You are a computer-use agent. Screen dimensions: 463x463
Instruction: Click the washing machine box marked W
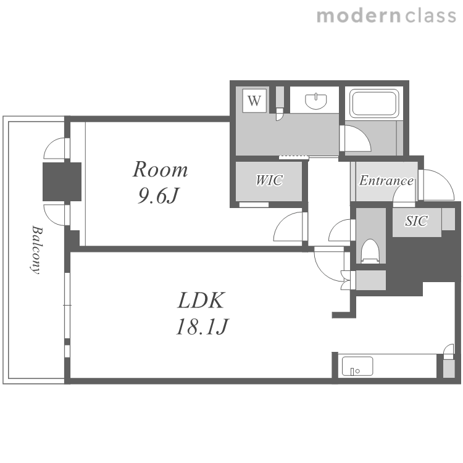click(x=254, y=101)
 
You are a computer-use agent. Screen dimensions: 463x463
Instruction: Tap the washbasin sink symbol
click(x=315, y=101)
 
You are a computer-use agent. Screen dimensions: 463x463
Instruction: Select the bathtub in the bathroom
click(x=374, y=103)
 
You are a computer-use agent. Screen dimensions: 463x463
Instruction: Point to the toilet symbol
click(x=370, y=251)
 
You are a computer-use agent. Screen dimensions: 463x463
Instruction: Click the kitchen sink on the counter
click(x=357, y=366)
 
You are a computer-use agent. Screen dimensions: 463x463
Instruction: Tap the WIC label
click(x=269, y=180)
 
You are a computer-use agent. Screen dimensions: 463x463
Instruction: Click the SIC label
click(x=416, y=220)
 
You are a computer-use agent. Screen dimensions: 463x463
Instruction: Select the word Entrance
click(x=386, y=180)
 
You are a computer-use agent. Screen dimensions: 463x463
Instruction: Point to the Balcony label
click(x=36, y=250)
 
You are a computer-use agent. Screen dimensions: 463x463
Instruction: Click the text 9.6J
click(x=158, y=196)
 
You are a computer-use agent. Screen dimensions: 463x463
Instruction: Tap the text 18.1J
click(x=202, y=327)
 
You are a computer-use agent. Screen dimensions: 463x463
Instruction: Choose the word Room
click(x=160, y=170)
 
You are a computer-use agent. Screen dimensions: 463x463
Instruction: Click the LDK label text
click(x=201, y=300)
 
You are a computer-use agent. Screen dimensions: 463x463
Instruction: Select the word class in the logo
click(x=430, y=15)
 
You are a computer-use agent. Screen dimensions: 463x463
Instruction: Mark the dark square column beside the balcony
click(x=62, y=181)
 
